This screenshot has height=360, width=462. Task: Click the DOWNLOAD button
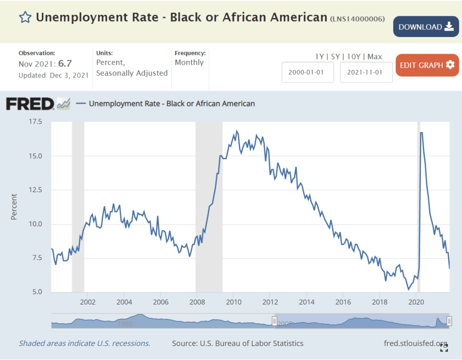[x=426, y=27]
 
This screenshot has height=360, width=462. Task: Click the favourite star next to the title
[x=25, y=18]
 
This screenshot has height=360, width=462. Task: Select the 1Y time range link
[x=319, y=56]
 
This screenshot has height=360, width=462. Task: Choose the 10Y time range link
[x=354, y=56]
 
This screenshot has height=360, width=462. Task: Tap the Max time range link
[x=374, y=56]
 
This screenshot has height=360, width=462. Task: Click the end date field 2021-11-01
[x=366, y=72]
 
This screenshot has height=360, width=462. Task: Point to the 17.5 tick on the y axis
[x=35, y=122]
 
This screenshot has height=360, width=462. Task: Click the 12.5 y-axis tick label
[x=35, y=190]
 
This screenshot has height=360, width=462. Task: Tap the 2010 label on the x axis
[x=233, y=302]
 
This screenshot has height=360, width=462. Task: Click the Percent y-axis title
[x=14, y=207]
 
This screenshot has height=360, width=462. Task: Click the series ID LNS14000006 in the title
[x=357, y=19]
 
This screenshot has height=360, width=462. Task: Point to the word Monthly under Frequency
[x=189, y=62]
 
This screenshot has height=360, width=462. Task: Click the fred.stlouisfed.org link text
[x=415, y=343]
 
